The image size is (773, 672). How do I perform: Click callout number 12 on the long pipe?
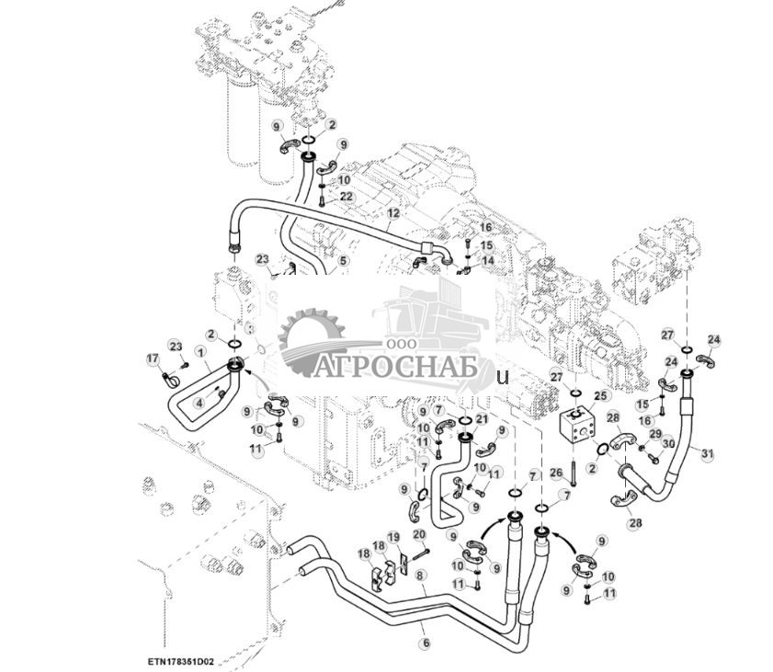392,212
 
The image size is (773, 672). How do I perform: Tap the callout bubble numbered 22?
346,197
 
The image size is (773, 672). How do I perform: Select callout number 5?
343,260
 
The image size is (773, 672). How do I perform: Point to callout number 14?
487,260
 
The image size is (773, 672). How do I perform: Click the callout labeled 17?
153,359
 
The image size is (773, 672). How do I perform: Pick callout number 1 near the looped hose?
199,351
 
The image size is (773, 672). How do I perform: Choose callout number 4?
198,402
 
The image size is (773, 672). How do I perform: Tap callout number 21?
482,419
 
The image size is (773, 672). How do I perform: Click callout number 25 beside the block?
600,395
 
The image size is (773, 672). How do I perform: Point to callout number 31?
706,452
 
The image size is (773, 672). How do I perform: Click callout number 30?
668,443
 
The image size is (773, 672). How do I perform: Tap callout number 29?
655,433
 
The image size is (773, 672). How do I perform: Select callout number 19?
393,537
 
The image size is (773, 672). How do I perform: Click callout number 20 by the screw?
419,534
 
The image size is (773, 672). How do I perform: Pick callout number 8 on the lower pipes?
420,575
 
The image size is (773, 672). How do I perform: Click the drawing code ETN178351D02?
180,659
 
